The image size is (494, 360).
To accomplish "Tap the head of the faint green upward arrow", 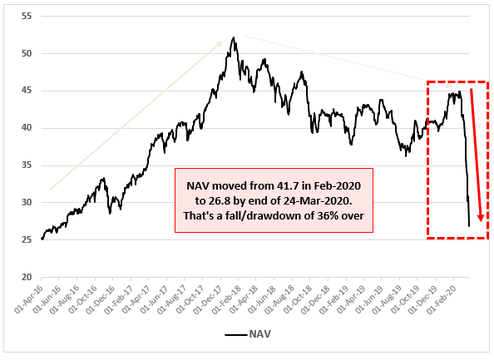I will click(x=225, y=40).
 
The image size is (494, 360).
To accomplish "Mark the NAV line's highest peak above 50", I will click(x=234, y=37).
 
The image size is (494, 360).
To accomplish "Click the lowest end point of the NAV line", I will click(x=469, y=226).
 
